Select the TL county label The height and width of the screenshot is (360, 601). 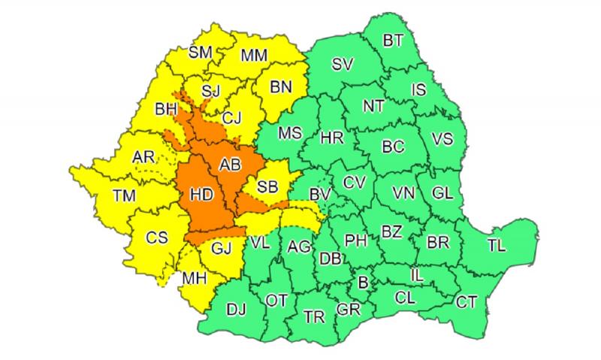click(497, 245)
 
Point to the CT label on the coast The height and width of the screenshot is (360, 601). click(467, 302)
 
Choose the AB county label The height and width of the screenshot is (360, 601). click(229, 165)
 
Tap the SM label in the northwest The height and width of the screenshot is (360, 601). click(200, 52)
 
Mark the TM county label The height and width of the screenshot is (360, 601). click(125, 196)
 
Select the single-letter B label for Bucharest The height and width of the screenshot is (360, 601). click(364, 283)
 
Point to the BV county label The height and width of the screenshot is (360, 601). click(321, 195)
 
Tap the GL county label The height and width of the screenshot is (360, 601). click(444, 192)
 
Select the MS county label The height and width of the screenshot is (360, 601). click(290, 134)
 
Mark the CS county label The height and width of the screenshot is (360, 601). click(157, 237)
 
